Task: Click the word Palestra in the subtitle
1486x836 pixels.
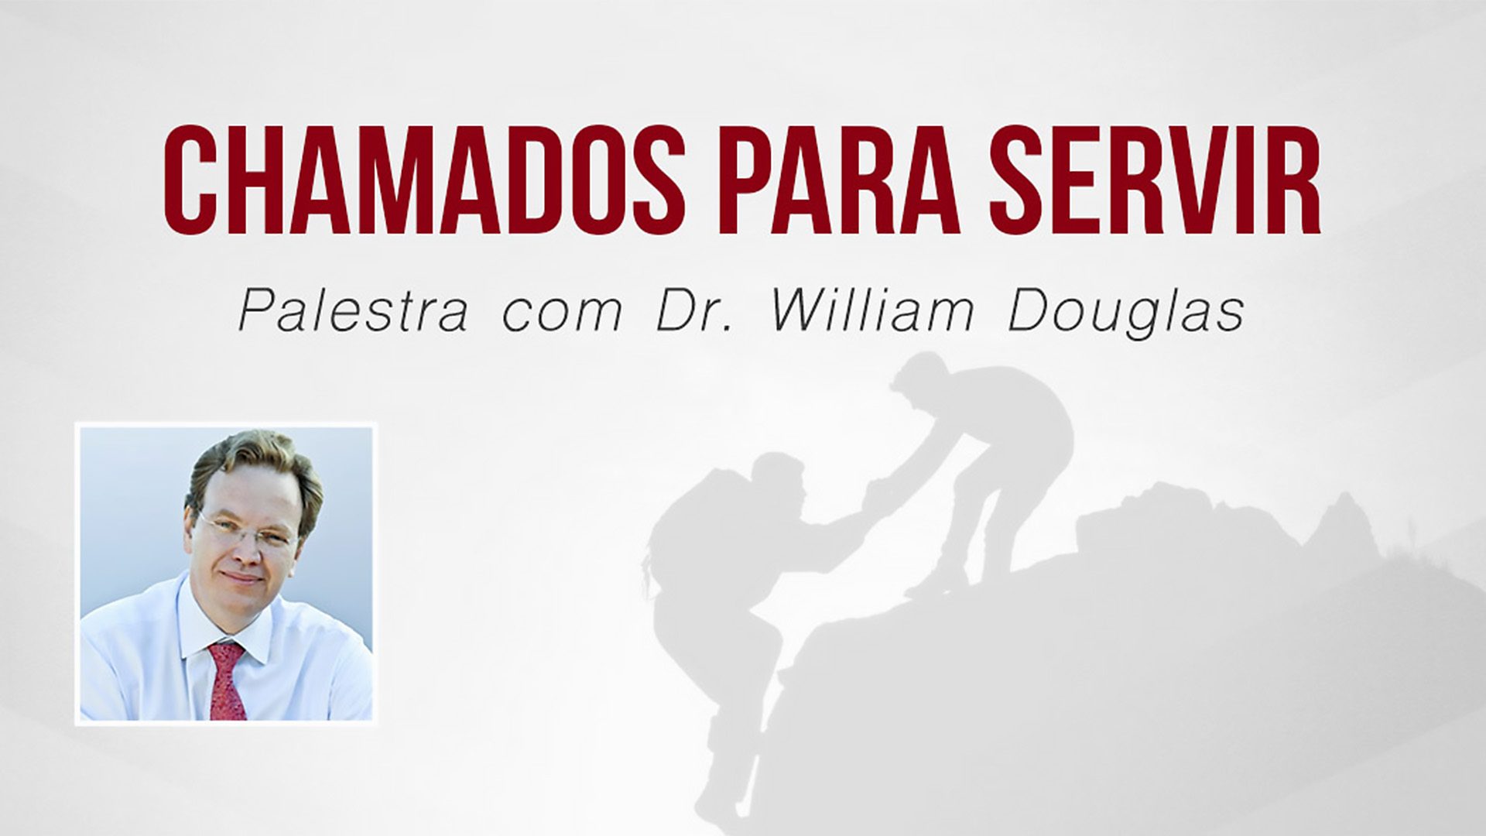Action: pos(352,311)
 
